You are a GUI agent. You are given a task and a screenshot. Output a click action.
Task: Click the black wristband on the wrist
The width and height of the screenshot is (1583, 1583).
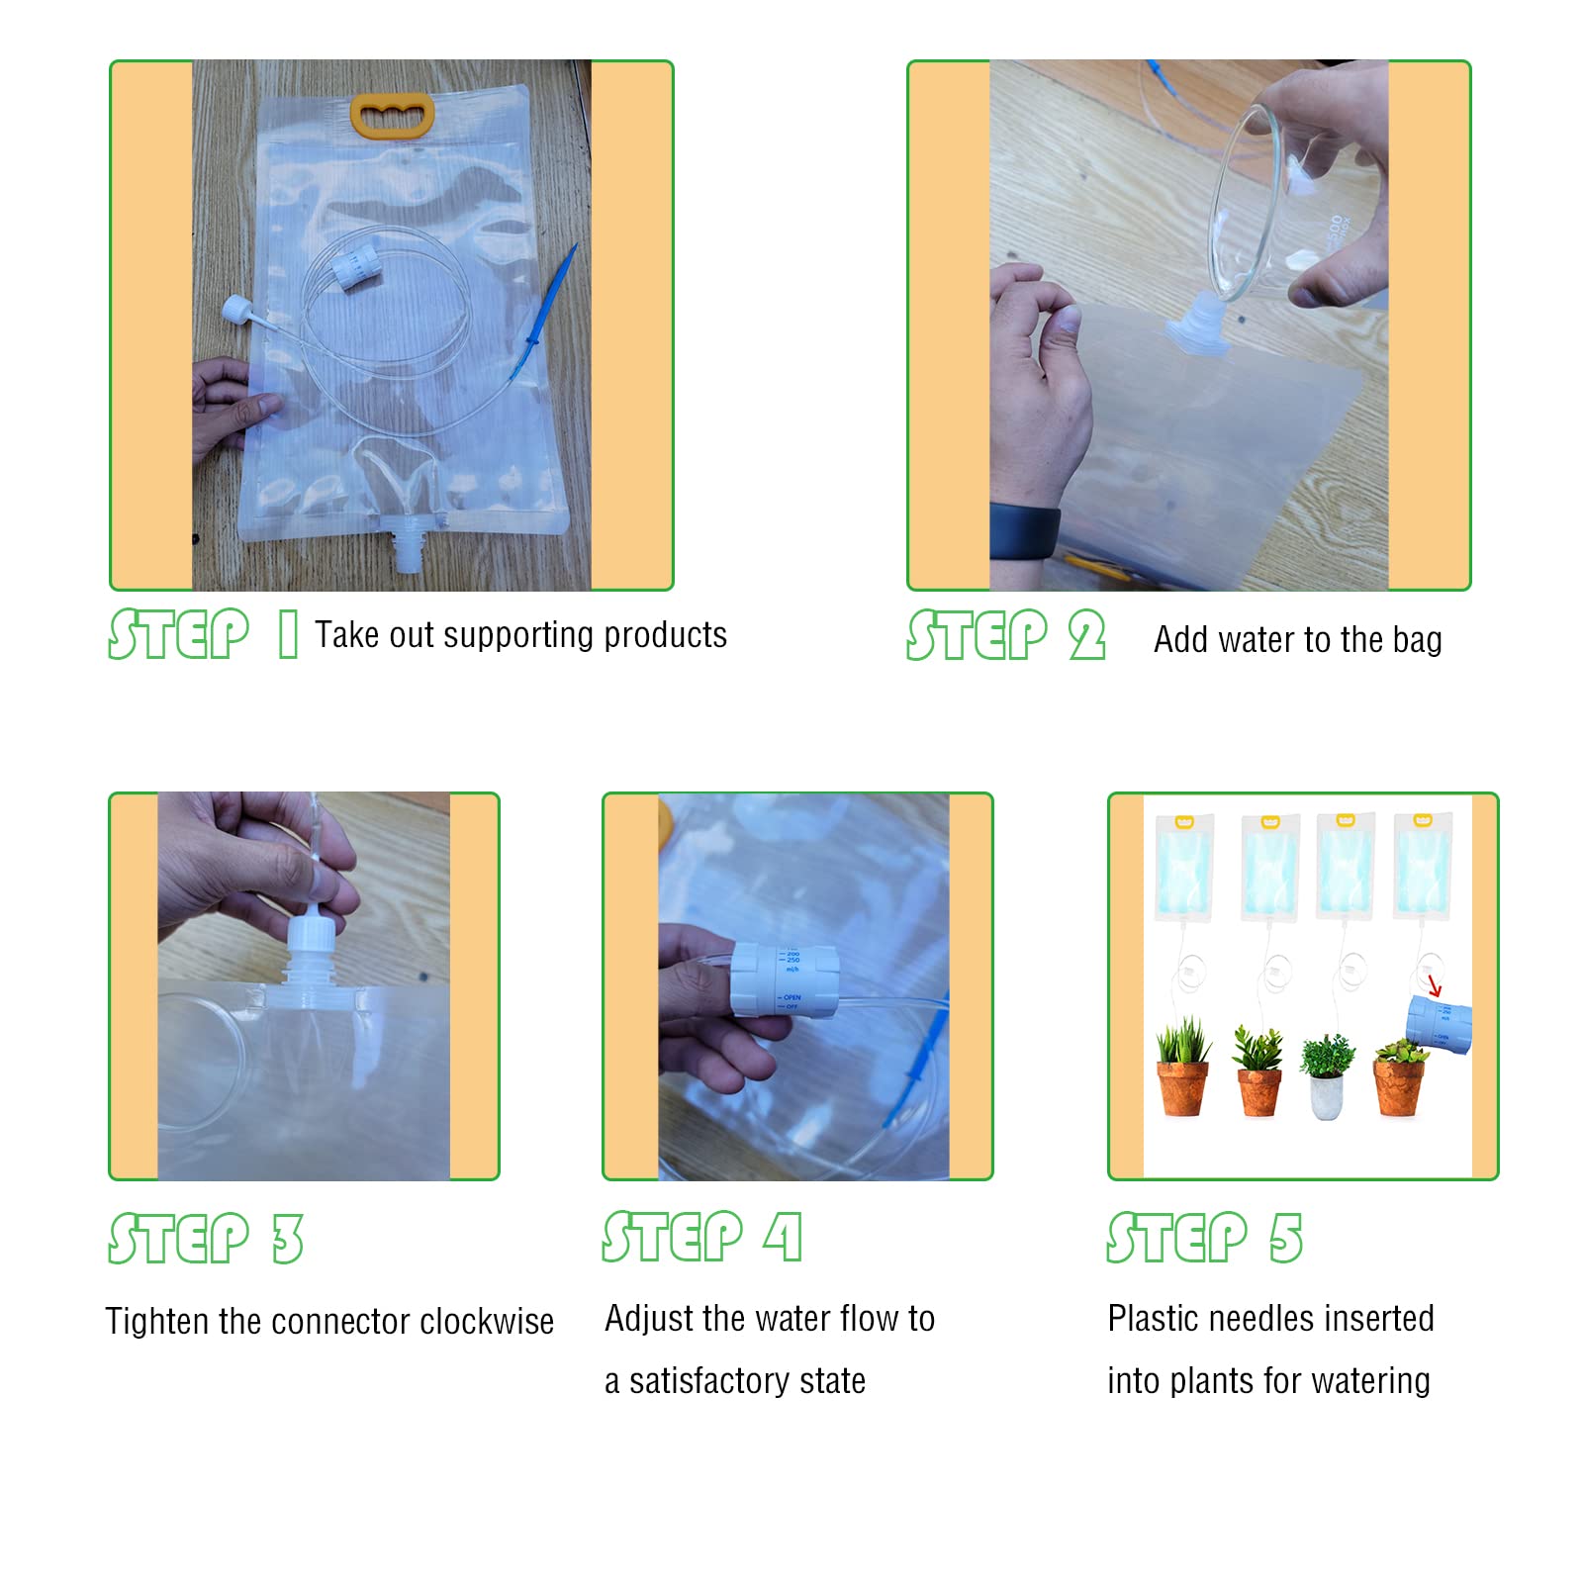click(1024, 532)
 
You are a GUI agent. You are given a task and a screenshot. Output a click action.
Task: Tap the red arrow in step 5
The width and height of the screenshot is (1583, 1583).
click(1434, 986)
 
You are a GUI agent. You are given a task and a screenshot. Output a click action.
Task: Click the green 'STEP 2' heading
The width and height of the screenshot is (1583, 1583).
click(1005, 634)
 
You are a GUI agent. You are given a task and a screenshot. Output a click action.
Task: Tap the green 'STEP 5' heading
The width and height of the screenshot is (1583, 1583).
click(1205, 1238)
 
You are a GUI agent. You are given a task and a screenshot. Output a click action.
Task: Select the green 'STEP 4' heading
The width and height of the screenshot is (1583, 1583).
click(702, 1237)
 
